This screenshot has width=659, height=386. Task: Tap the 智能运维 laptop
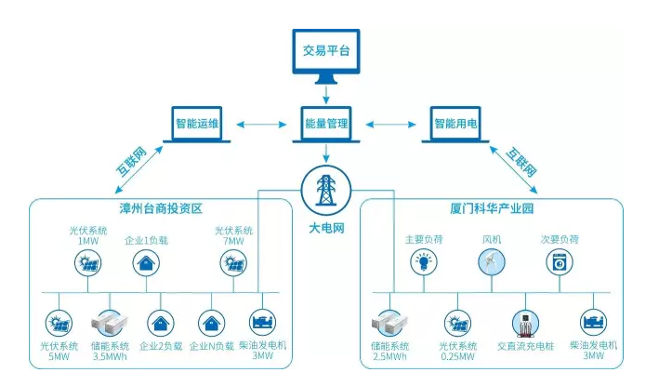[196, 125]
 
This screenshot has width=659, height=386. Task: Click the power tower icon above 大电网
[326, 187]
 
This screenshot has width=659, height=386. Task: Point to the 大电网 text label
[326, 226]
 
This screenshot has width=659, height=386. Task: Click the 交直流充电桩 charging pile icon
[526, 323]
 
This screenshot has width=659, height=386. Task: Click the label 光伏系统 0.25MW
[457, 352]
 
